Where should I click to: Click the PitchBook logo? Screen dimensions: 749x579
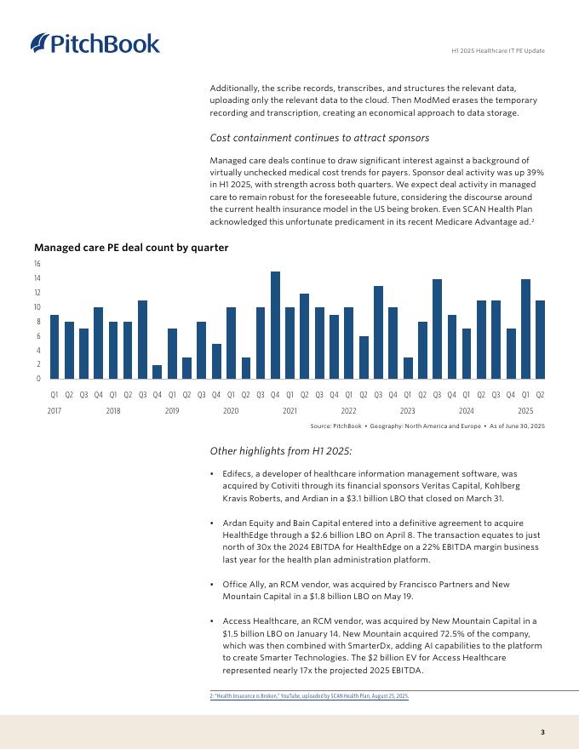(95, 43)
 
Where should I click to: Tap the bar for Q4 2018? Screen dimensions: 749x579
(157, 372)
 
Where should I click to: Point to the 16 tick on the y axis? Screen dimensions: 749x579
(37, 264)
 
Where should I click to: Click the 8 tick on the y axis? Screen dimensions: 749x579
(38, 322)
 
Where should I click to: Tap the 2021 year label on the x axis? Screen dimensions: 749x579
(289, 410)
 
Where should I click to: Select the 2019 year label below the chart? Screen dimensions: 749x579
(172, 410)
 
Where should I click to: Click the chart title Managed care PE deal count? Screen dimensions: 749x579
(131, 248)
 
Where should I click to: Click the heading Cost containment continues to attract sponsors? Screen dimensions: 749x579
(319, 138)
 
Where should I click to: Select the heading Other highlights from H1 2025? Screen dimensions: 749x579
(281, 451)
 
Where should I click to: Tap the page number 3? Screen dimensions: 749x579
(542, 732)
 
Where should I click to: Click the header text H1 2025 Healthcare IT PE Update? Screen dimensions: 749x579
(497, 51)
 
